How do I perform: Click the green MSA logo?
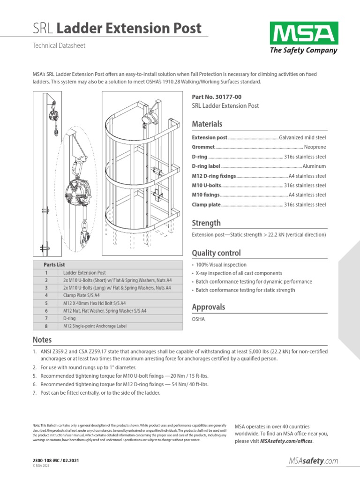303,33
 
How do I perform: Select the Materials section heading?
207,124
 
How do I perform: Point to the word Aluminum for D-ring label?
314,166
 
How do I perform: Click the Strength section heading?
206,223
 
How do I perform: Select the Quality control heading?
216,253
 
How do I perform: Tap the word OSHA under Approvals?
199,319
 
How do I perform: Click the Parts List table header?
54,264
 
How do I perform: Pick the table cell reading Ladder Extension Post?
84,272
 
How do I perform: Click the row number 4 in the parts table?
46,295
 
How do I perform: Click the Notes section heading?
42,340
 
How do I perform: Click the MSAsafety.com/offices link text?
286,442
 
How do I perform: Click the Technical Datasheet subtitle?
59,46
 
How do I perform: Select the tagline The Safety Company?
303,51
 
